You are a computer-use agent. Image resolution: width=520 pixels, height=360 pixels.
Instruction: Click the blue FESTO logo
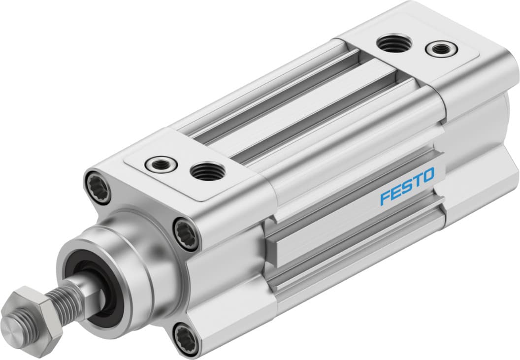[x=407, y=186]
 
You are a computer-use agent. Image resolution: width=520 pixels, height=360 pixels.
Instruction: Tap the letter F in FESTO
[x=385, y=197]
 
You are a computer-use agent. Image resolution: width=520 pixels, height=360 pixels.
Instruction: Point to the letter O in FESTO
[x=428, y=174]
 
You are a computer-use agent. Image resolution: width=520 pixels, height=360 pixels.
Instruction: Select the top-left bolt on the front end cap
[x=97, y=186]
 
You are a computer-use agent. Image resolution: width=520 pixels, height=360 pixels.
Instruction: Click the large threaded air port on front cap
[x=207, y=172]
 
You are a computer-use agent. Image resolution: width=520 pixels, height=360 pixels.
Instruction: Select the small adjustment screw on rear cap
[x=437, y=49]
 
